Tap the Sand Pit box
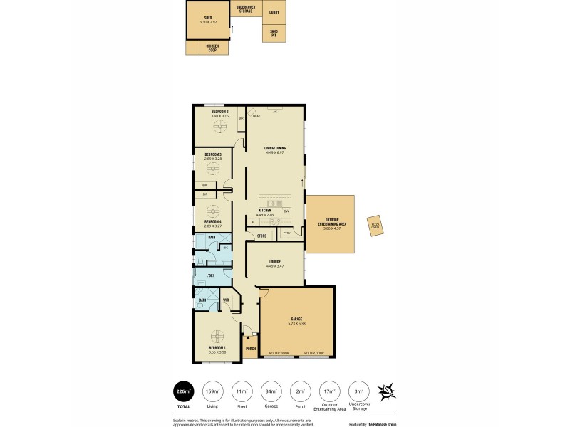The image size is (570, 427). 274,33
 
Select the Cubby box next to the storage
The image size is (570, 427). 274,12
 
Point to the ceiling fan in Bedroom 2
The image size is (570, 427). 219,127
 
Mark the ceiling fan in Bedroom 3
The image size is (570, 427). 213,171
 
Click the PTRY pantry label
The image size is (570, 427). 286,233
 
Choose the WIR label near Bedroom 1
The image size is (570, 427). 226,300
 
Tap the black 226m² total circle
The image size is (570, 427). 183,391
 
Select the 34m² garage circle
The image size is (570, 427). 271,391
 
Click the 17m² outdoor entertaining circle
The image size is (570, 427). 329,391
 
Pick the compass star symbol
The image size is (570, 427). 388,391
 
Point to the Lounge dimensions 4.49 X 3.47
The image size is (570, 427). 274,265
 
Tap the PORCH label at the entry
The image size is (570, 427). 251,349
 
